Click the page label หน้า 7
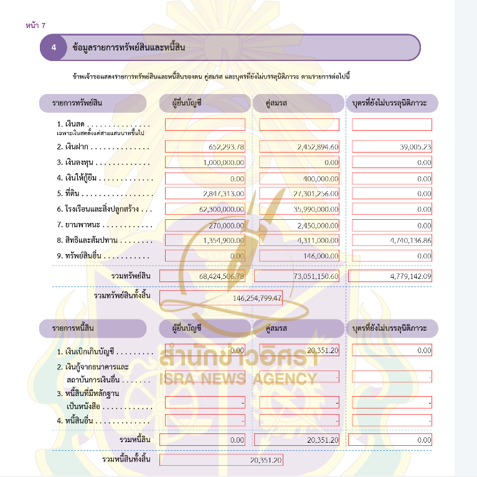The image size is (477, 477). coord(36,25)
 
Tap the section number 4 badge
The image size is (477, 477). coord(54,48)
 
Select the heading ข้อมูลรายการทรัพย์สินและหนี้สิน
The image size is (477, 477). coord(129,48)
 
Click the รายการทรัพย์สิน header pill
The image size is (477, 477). coord(92,103)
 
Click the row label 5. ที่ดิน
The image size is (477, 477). coord(73,194)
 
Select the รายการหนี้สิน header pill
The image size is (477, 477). coord(92,328)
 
